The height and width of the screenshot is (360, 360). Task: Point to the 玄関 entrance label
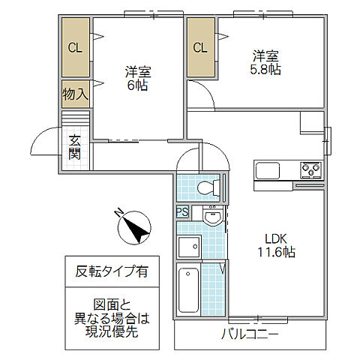[x=75, y=146]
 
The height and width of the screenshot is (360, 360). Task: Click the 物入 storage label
[x=75, y=94]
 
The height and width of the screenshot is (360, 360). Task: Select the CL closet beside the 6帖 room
[x=75, y=48]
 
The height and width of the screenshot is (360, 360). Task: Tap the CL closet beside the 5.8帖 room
[x=200, y=48]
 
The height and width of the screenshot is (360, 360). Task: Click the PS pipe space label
[x=182, y=212]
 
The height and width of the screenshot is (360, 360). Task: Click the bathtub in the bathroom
[x=189, y=290]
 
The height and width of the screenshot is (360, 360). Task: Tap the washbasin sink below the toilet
[x=212, y=217]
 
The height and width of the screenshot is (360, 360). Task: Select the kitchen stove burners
[x=310, y=169]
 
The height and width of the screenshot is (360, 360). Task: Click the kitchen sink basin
[x=267, y=170]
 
